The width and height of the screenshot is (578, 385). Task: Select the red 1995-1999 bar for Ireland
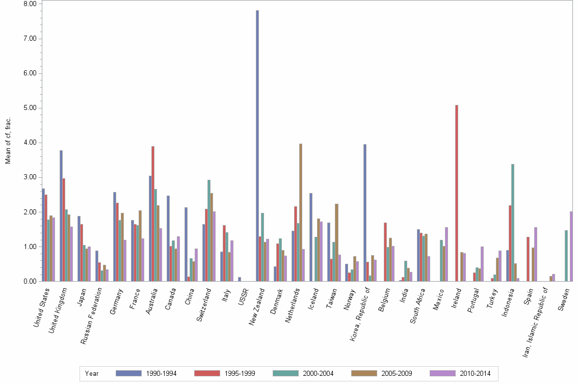[457, 193]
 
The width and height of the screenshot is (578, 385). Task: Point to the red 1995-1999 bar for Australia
[153, 214]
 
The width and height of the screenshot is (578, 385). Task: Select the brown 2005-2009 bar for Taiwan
[336, 242]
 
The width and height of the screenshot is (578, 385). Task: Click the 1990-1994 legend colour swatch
[128, 373]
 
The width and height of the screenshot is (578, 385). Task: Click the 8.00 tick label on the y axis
[30, 4]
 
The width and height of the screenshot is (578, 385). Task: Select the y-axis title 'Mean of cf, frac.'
[8, 140]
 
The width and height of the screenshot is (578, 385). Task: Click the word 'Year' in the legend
[92, 373]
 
